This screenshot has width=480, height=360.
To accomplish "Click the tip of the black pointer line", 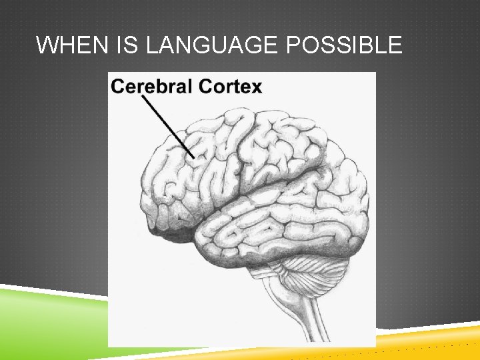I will click(194, 157).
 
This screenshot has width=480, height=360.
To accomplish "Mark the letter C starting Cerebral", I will click(118, 86).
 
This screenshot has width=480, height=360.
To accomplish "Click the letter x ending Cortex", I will click(257, 87).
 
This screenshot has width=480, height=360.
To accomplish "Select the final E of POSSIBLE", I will click(395, 45).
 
